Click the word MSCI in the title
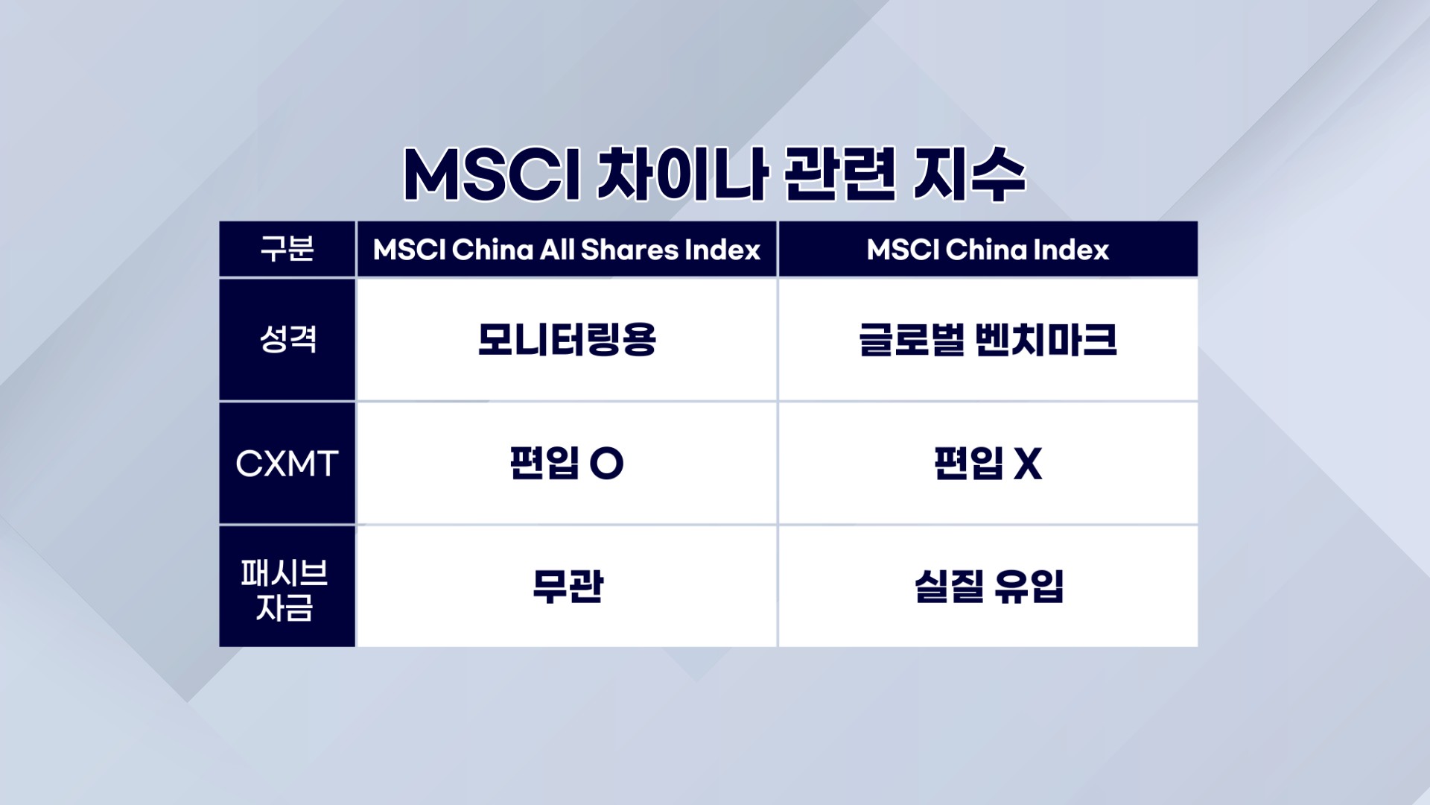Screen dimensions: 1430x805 492,175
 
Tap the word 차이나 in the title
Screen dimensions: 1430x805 682,175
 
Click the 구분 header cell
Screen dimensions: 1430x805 287,248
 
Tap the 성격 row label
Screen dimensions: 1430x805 287,339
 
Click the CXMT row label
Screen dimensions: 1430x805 287,464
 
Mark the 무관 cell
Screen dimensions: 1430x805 568,587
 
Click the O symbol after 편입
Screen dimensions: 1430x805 606,464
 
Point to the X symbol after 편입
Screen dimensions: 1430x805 1028,464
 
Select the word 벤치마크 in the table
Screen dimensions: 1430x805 1046,340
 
